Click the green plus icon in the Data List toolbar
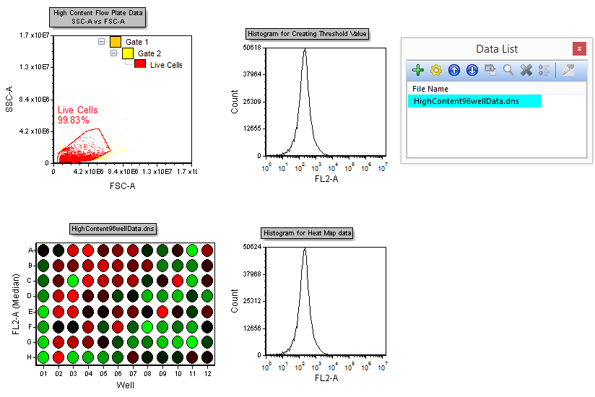[x=418, y=70]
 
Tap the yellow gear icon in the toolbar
[x=435, y=70]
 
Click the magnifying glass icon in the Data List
[x=509, y=70]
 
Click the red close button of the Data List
[x=578, y=49]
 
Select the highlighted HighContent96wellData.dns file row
[x=474, y=102]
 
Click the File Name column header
[x=430, y=89]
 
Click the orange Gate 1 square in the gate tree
[x=116, y=42]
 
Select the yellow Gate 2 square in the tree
[x=128, y=53]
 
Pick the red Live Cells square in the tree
[x=140, y=65]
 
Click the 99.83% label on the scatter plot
[x=74, y=120]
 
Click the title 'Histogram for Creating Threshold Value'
[x=308, y=34]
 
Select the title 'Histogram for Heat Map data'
[x=308, y=233]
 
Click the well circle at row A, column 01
[x=43, y=250]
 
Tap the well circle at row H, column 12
[x=207, y=357]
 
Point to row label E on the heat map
[x=30, y=311]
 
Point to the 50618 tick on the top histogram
[x=252, y=48]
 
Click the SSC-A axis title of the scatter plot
[x=9, y=97]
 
